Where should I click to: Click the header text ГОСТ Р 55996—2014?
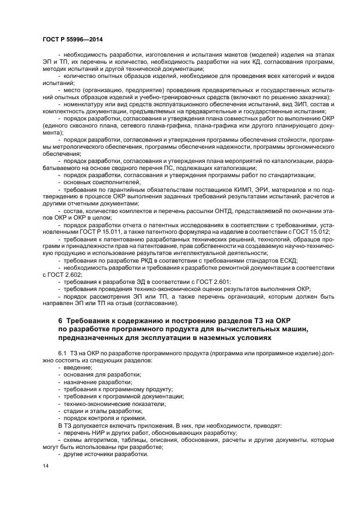coord(73,40)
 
